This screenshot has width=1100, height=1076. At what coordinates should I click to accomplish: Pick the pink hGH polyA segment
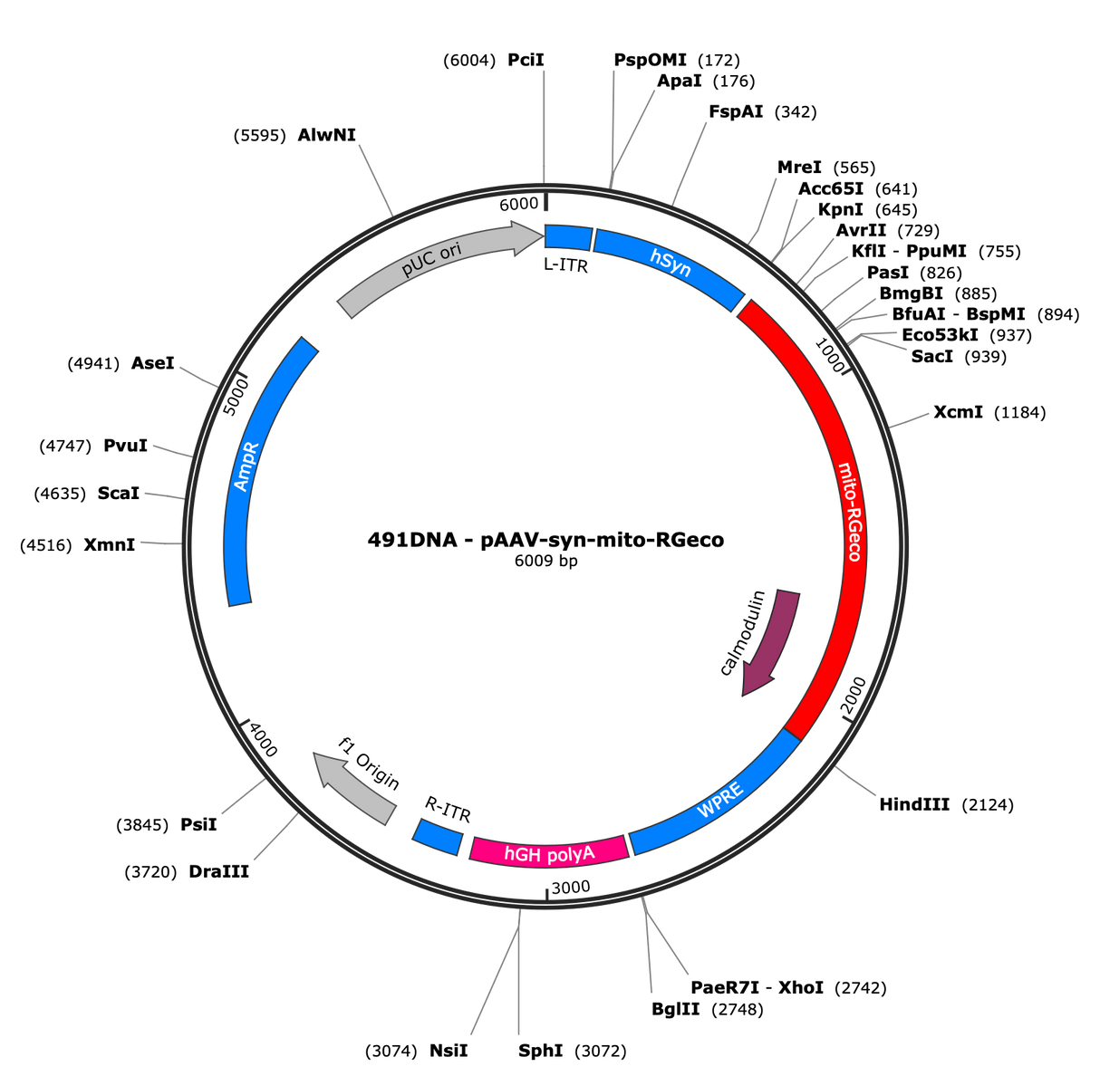549,851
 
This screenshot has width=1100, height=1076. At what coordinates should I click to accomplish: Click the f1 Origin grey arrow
355,787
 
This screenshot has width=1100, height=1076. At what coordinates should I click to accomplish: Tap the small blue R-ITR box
438,837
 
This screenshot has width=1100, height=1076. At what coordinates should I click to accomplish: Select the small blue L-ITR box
568,236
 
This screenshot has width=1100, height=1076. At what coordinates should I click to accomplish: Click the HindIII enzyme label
914,804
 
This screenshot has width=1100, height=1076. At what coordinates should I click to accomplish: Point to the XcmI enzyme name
958,412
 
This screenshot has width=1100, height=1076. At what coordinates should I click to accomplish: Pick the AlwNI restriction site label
327,135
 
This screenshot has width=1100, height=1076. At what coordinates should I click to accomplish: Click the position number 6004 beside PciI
469,61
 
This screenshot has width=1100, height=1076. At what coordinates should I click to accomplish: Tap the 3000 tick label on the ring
571,888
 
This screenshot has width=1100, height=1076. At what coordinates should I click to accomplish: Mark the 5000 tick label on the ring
236,397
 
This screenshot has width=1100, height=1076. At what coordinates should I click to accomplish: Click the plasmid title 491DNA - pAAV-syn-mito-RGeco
545,540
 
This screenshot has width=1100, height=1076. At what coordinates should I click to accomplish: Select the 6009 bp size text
546,561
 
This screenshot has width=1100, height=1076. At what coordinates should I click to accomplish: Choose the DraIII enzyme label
218,871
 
